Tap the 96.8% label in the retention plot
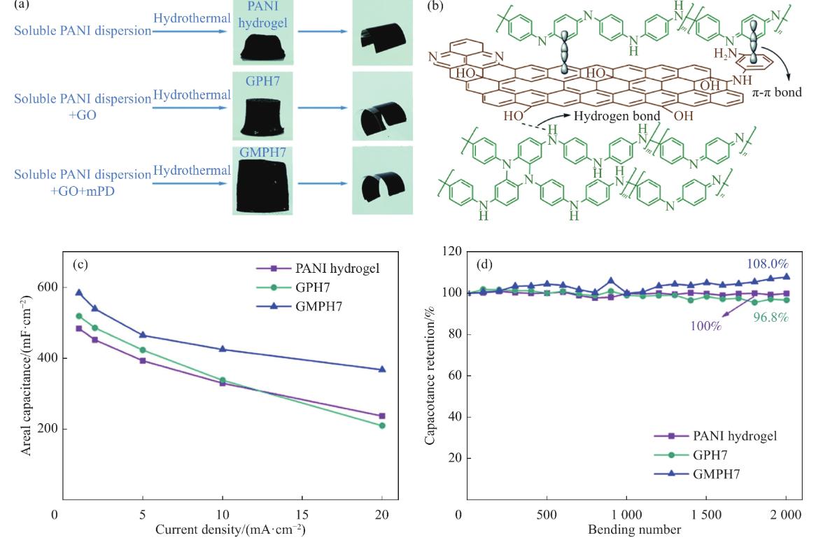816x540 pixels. coord(769,317)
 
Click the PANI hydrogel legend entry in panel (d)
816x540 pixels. coord(734,435)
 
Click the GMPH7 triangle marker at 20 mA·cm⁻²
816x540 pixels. coord(382,369)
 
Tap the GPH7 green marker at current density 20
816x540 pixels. coord(382,425)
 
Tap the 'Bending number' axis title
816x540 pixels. coord(633,530)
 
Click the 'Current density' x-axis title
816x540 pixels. coord(219,530)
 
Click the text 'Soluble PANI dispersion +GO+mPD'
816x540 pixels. coord(83,178)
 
